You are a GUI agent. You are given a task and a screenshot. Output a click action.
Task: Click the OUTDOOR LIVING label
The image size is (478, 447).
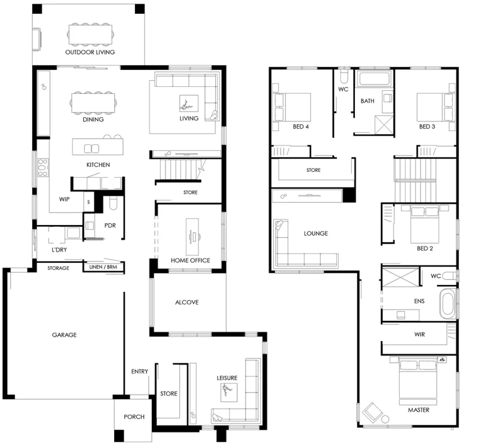tap(90, 52)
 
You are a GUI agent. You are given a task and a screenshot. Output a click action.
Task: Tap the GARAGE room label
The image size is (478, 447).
tap(65, 335)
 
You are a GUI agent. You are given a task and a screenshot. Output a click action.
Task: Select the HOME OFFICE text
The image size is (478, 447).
tap(190, 260)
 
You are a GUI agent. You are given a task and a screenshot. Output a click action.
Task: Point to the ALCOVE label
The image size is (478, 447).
tap(187, 302)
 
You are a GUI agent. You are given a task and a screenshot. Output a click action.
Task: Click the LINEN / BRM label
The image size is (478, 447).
tap(103, 267)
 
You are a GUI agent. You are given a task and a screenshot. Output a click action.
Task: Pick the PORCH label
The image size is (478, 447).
tap(134, 416)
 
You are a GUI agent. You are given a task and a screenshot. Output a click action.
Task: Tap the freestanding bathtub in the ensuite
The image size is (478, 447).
tap(447, 303)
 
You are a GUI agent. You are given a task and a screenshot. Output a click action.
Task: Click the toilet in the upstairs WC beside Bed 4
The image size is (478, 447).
tap(344, 76)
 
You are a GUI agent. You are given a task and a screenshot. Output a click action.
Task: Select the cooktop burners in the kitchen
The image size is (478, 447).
tap(42, 168)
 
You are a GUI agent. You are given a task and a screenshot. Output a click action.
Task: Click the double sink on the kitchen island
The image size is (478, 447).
tap(91, 148)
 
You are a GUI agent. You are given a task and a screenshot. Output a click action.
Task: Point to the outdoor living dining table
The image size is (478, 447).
tap(90, 35)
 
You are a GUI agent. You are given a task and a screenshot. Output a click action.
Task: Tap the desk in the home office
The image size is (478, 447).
tap(192, 236)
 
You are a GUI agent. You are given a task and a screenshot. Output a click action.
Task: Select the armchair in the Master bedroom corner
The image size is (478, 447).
tap(372, 412)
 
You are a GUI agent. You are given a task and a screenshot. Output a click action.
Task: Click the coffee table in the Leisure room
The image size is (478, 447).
tap(229, 393)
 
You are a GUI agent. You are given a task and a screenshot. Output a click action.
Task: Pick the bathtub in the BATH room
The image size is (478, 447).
tap(375, 78)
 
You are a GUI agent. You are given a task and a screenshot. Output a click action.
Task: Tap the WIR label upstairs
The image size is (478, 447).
tap(419, 335)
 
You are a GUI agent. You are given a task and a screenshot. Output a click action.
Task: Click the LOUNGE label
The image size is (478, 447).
tap(316, 233)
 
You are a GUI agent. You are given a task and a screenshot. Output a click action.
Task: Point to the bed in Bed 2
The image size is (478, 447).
tap(425, 224)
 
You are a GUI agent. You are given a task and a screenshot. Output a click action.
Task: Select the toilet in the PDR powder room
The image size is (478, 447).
tap(113, 203)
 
